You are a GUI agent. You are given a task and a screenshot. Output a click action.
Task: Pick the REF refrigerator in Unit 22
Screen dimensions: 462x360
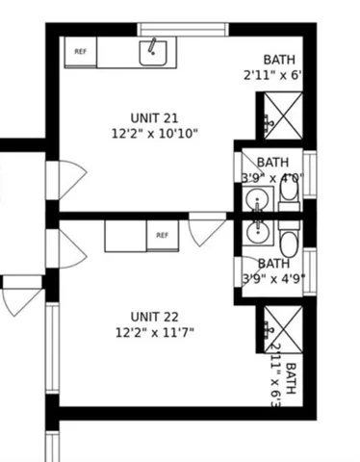point(162,235)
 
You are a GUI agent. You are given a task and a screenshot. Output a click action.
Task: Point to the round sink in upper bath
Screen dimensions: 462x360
point(257,200)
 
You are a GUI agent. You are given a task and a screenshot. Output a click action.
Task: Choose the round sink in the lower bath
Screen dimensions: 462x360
point(257,231)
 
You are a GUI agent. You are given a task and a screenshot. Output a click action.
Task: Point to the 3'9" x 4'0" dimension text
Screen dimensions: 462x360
point(272,177)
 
